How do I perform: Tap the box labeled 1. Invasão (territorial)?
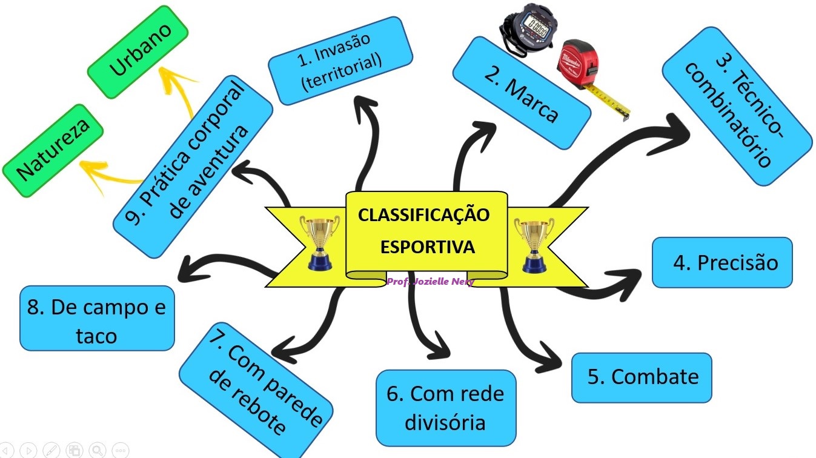[340, 61]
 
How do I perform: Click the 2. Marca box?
[521, 93]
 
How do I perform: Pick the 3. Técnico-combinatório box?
[736, 113]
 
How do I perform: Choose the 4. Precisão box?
[722, 262]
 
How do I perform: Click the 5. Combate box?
[642, 377]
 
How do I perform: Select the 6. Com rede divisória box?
[446, 407]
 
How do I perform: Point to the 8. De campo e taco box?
[97, 319]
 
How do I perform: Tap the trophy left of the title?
[319, 242]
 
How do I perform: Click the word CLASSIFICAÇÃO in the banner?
[423, 216]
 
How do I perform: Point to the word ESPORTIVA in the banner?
[426, 247]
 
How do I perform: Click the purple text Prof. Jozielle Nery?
[430, 281]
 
